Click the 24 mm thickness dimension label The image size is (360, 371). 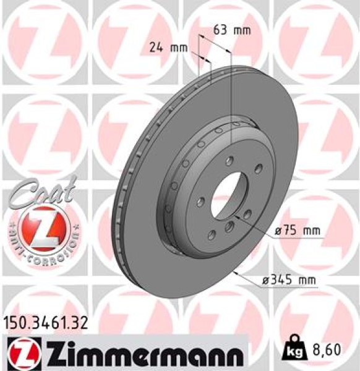(169, 46)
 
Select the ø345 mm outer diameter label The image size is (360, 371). (289, 279)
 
